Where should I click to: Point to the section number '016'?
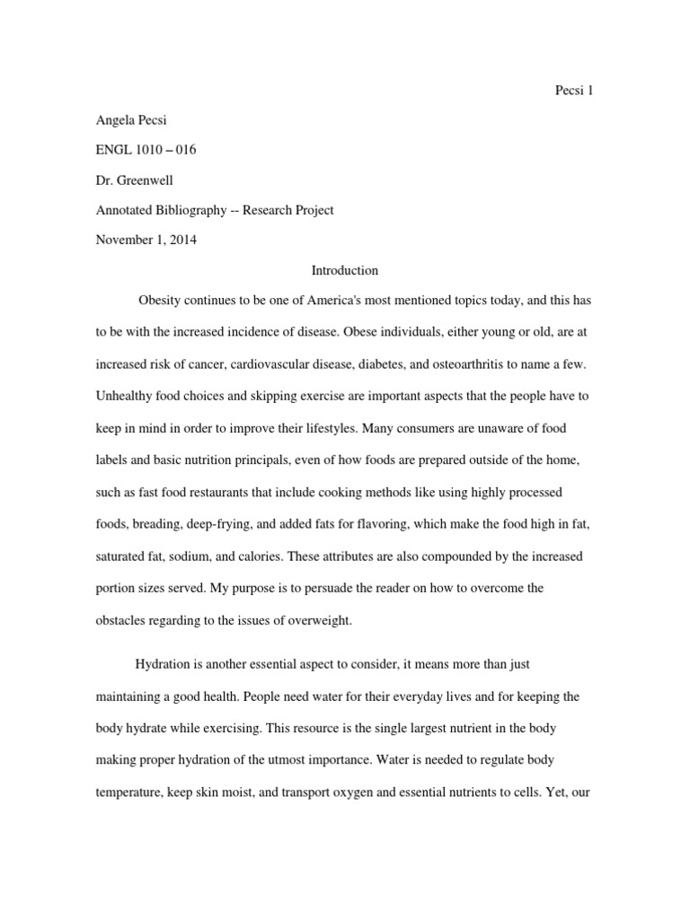(184, 150)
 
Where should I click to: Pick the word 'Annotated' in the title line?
(125, 210)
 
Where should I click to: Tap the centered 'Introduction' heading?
(344, 269)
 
